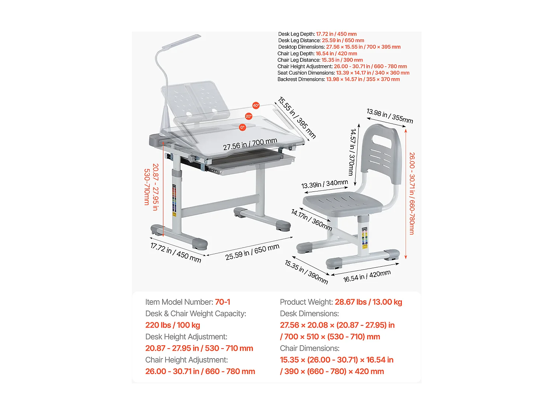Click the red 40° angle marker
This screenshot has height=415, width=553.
point(256,106)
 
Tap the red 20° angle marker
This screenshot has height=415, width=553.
point(248,116)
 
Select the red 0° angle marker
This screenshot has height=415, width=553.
point(242,127)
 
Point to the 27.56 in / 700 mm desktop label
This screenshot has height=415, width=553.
point(250,144)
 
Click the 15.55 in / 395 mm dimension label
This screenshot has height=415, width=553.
point(297,117)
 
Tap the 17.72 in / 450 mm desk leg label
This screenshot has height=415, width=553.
point(175,253)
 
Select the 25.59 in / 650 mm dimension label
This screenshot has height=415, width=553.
point(252,252)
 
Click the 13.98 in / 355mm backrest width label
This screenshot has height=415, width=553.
point(390,116)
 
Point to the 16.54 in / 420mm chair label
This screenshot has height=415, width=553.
point(367,276)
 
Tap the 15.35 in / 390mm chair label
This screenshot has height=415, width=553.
point(306,272)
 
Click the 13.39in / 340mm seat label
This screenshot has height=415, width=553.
point(324,184)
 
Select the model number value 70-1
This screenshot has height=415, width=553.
point(222,302)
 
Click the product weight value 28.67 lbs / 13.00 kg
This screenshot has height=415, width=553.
point(368,302)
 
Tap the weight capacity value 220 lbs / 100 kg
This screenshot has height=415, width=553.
point(173,325)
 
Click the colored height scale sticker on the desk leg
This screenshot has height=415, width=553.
point(174,199)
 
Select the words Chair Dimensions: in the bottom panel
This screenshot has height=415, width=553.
point(309,348)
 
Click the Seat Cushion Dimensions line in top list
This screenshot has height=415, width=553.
point(343,73)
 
